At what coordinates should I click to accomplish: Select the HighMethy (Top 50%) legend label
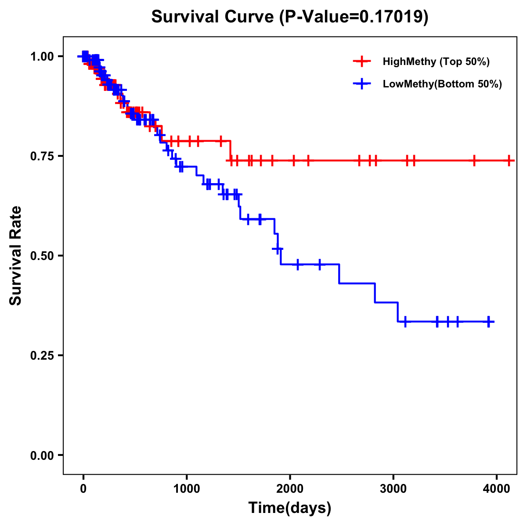436,61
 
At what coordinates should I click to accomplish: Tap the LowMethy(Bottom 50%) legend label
442,84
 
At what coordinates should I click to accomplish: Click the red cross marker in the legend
362,61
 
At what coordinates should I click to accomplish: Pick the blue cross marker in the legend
362,84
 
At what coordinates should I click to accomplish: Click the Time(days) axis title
290,508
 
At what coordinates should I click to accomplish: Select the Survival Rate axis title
16,255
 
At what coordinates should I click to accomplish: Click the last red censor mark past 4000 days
509,161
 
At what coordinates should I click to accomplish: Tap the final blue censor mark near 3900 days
488,321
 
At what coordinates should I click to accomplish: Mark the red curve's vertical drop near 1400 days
231,151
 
